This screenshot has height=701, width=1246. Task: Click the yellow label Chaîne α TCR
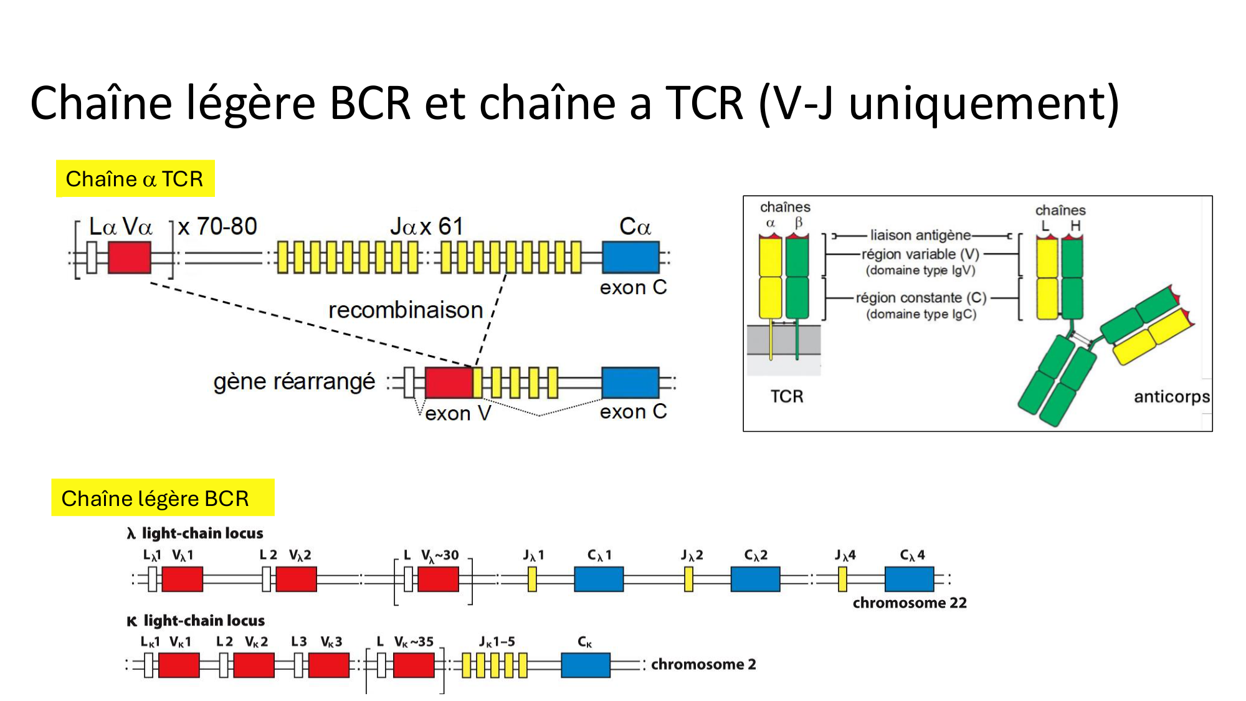pyautogui.click(x=135, y=179)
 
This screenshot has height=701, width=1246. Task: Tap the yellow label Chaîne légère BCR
pyautogui.click(x=155, y=498)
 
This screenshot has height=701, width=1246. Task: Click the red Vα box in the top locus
pyautogui.click(x=130, y=257)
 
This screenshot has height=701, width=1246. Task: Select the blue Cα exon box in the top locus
pyautogui.click(x=630, y=257)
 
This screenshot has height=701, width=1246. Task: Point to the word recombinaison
pyautogui.click(x=406, y=310)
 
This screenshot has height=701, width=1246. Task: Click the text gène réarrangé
pyautogui.click(x=294, y=381)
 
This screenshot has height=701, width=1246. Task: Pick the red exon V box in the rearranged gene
pyautogui.click(x=449, y=383)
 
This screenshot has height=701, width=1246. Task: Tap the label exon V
pyautogui.click(x=458, y=413)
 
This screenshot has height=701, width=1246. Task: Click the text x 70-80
pyautogui.click(x=217, y=226)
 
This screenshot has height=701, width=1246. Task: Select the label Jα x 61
pyautogui.click(x=427, y=226)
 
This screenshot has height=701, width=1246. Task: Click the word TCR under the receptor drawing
pyautogui.click(x=787, y=396)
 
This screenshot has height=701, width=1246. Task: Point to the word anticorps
pyautogui.click(x=1171, y=396)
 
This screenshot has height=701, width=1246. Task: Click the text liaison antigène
pyautogui.click(x=920, y=235)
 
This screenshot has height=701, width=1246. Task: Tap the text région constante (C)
pyautogui.click(x=921, y=298)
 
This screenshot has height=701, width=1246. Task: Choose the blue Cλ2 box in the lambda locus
pyautogui.click(x=755, y=579)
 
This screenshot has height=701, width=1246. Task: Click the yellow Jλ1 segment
pyautogui.click(x=532, y=579)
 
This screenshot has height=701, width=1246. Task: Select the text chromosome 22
pyautogui.click(x=910, y=603)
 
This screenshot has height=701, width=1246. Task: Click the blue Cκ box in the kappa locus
pyautogui.click(x=585, y=665)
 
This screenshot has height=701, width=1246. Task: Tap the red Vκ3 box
pyautogui.click(x=328, y=665)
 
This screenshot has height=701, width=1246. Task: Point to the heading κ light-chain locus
pyautogui.click(x=196, y=621)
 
